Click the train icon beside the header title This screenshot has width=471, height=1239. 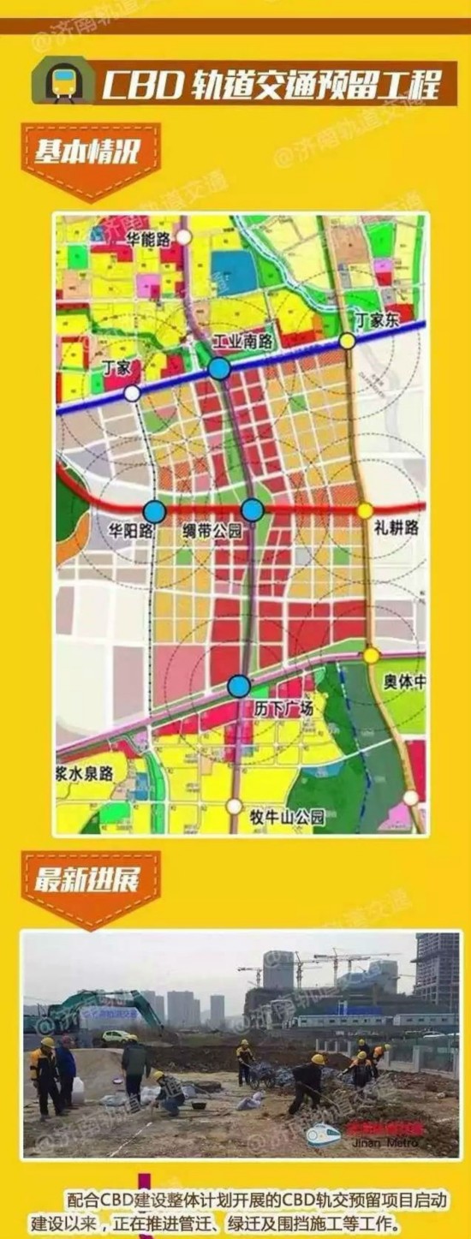click(63, 82)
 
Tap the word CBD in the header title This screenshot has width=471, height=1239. click(135, 86)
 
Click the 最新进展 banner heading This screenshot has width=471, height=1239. click(86, 880)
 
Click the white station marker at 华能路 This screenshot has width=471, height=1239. click(184, 237)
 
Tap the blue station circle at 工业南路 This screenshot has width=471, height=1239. click(219, 369)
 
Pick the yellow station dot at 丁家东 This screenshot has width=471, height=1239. click(347, 341)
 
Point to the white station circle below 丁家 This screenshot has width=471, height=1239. click(132, 393)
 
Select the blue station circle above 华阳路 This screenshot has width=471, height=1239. click(154, 511)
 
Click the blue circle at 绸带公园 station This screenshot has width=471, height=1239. click(252, 510)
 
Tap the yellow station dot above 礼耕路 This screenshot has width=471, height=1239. click(366, 510)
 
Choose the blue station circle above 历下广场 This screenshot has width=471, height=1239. click(240, 686)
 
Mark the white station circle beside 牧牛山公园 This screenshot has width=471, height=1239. click(235, 807)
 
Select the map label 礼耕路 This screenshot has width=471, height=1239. click(396, 528)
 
